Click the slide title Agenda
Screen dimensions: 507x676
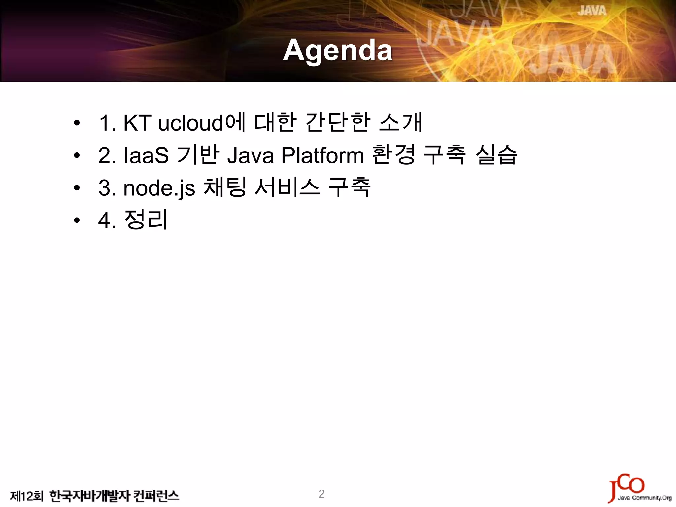pos(338,51)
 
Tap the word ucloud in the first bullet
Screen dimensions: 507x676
pos(191,123)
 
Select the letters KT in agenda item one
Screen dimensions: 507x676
pos(137,123)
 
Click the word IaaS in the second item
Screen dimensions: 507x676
pos(146,155)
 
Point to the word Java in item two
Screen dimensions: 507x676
pos(250,155)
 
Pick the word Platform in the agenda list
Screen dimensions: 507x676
pos(322,155)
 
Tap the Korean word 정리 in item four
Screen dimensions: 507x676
pos(146,220)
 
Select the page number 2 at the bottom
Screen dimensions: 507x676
pos(321,494)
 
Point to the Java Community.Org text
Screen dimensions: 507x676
pos(645,498)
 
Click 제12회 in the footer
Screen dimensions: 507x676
pos(26,496)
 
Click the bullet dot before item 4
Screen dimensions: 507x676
pos(77,220)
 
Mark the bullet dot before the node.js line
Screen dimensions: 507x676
pos(77,188)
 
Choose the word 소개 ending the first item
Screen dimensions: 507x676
pos(401,122)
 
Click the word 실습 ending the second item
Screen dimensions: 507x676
pos(496,154)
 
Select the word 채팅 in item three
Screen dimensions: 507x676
pos(225,187)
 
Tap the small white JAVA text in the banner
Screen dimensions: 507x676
pos(592,11)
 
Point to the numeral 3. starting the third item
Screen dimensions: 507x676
pos(107,188)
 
